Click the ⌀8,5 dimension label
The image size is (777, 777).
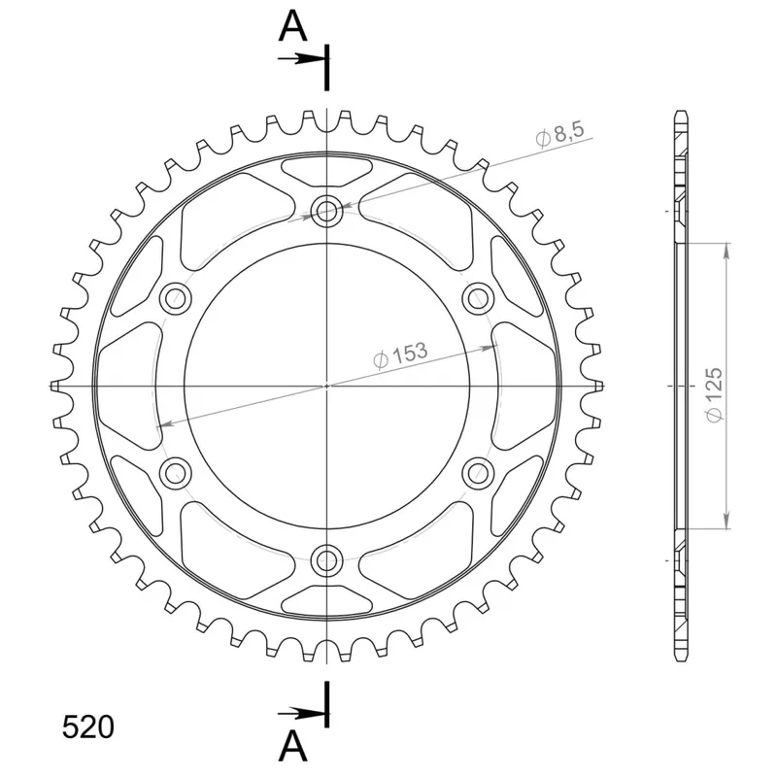coord(560,134)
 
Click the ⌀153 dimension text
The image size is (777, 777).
coord(400,355)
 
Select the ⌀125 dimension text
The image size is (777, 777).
coord(714,395)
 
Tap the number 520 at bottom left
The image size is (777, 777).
coord(87,726)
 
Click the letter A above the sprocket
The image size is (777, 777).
coord(293,27)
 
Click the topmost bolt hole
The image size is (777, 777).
coord(326,211)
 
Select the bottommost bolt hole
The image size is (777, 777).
coord(326,561)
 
